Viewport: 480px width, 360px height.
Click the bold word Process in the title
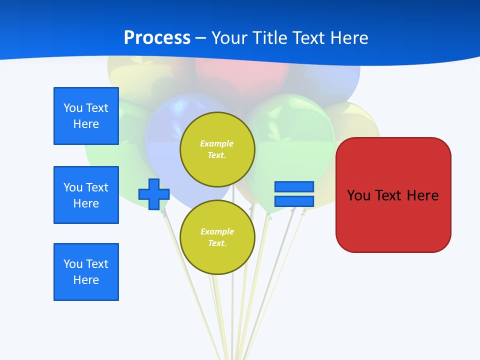(x=157, y=38)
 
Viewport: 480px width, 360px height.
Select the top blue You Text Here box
(x=86, y=116)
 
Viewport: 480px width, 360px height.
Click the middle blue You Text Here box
(x=86, y=195)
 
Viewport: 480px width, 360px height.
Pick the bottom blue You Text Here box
(x=86, y=272)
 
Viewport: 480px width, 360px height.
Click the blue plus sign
(x=154, y=194)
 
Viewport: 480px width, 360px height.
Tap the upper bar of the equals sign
(x=294, y=186)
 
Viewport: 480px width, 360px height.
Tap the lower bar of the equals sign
(x=294, y=201)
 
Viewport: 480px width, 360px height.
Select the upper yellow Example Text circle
(x=217, y=149)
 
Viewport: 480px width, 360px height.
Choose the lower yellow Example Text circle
(x=217, y=237)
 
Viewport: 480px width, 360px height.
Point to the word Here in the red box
(x=423, y=195)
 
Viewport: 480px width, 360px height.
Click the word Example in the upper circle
(x=217, y=144)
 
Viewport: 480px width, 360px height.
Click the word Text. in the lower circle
(x=217, y=243)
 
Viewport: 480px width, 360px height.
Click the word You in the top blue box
(x=73, y=108)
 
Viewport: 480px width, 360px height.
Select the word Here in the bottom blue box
(x=86, y=280)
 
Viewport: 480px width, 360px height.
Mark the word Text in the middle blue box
(x=96, y=187)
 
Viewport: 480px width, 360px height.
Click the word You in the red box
(x=358, y=195)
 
